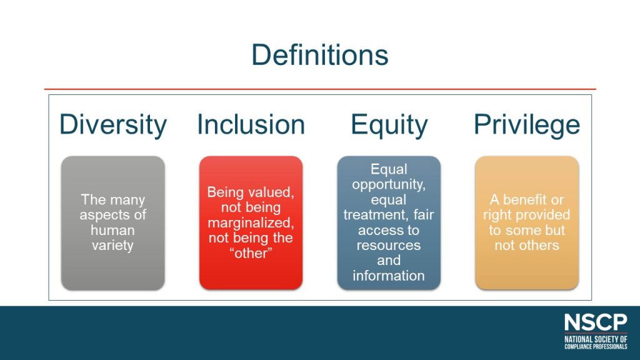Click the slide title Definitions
tap(319, 55)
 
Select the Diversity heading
tap(113, 124)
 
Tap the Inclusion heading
tap(251, 124)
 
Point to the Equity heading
tap(389, 124)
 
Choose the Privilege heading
tap(527, 124)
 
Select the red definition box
tap(251, 275)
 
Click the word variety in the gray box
tap(113, 245)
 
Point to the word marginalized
tap(251, 222)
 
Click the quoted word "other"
tap(251, 252)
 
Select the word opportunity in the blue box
tap(389, 184)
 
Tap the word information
tap(389, 276)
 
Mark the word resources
tap(389, 245)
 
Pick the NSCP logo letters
tap(595, 322)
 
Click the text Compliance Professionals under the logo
tap(595, 346)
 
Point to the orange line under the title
tap(319, 89)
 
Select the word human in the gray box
tap(113, 230)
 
